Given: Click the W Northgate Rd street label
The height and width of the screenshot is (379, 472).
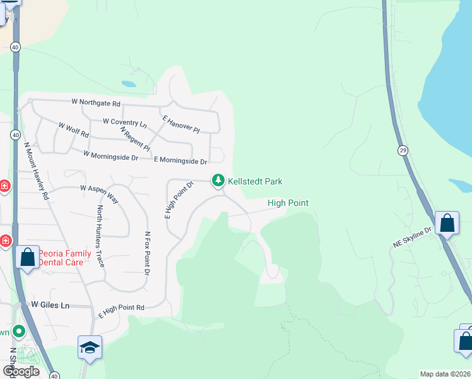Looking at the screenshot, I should point(96,102).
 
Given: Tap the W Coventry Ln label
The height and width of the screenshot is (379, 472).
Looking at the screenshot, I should point(124,121).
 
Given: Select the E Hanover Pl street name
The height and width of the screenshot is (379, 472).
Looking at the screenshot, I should point(180,124).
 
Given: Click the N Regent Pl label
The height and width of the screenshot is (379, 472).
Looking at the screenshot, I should point(135,139).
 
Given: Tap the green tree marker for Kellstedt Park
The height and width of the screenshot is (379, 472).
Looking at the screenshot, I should point(218,181).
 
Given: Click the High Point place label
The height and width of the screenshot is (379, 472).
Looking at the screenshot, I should point(288,203).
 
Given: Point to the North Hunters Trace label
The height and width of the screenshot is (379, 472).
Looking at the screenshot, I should point(100,235).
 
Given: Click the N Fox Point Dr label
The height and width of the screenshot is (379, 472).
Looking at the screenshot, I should point(147,253).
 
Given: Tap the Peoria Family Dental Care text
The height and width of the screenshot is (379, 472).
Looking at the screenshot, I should point(62,257).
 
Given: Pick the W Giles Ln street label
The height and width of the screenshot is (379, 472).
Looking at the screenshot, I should point(50,305).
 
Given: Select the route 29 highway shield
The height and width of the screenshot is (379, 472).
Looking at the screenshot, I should point(402,150).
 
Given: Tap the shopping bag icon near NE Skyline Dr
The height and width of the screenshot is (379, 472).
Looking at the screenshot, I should point(447,223).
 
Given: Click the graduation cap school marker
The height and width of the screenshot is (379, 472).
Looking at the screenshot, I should point(90,347).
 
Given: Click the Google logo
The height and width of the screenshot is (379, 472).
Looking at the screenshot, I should point(21,371).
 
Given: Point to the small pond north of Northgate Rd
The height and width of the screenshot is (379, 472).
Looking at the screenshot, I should point(128,83).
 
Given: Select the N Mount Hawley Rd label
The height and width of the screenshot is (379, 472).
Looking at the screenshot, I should point(36,170).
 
